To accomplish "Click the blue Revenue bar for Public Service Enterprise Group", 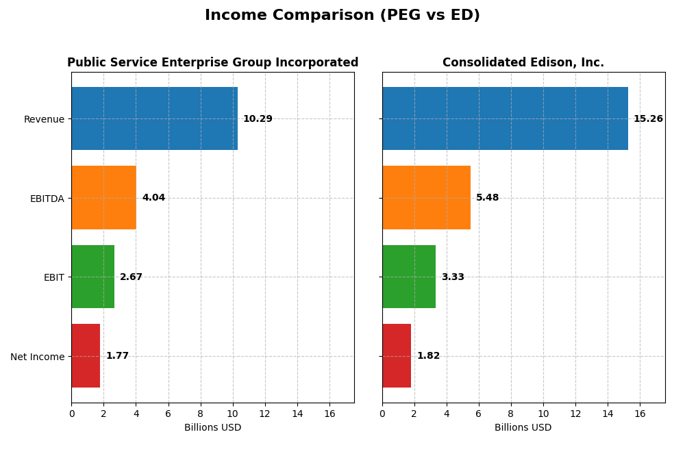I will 154,118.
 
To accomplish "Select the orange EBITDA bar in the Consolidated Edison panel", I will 426,197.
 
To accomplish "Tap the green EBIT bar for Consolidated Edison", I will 409,277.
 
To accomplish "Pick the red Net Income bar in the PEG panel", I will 86,355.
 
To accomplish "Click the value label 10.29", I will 258,119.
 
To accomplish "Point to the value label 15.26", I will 648,119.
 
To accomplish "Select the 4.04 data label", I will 153,198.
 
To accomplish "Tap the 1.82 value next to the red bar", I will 428,356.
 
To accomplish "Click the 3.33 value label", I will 453,277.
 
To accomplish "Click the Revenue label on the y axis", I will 44,120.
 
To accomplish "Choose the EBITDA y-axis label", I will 47,199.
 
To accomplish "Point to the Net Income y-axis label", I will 37,357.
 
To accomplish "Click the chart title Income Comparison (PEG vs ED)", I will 342,15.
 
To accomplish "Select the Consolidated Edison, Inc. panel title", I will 523,63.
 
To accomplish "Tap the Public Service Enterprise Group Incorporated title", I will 212,63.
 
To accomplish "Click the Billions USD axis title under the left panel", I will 212,428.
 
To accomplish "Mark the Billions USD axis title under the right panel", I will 523,428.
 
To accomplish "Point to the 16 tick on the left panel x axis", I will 329,414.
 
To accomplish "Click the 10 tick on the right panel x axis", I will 543,414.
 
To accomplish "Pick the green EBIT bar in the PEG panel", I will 92,277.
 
